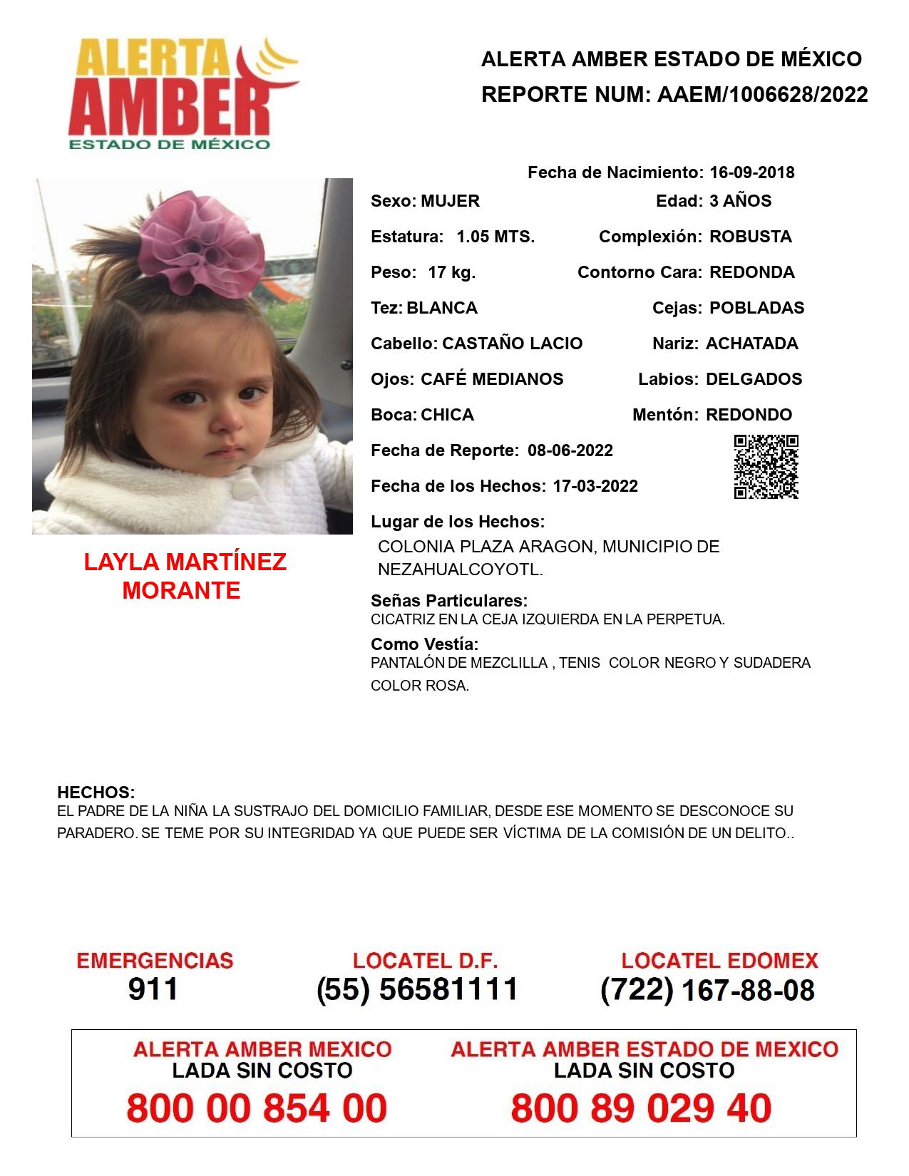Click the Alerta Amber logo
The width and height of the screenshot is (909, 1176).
(182, 93)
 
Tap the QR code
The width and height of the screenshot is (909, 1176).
(766, 466)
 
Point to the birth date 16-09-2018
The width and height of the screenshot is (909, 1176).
(751, 172)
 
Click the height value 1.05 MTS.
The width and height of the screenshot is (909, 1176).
(495, 237)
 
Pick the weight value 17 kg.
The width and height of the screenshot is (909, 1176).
(451, 272)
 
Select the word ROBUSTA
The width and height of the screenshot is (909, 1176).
(750, 237)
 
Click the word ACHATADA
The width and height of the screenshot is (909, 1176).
(751, 344)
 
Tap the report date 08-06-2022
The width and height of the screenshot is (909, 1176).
(570, 450)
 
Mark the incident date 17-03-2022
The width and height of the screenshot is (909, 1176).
(595, 486)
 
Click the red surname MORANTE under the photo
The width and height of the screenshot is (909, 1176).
(181, 591)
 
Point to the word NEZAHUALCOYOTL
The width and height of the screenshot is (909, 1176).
(460, 570)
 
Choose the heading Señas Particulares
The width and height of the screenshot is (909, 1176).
(449, 600)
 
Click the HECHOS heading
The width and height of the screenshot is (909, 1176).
(96, 793)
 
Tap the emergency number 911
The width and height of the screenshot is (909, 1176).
(153, 989)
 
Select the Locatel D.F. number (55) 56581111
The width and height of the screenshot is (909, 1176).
(417, 989)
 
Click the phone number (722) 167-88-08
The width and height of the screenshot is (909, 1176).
(707, 990)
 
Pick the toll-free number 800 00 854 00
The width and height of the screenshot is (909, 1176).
(257, 1108)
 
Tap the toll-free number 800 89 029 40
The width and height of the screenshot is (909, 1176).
(641, 1108)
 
